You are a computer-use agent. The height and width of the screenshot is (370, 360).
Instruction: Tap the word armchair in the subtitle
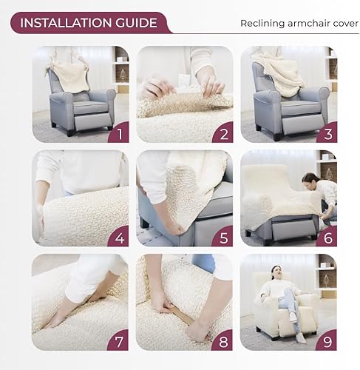[x=307, y=23]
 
